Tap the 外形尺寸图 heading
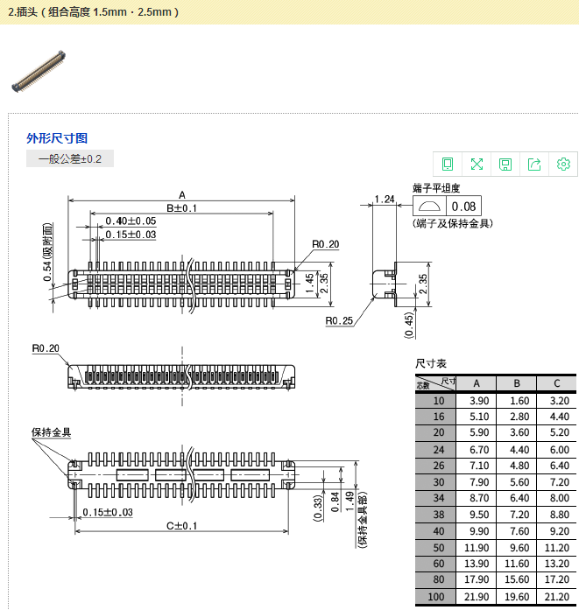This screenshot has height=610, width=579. point(57,138)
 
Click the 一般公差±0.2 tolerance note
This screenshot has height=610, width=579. point(70,158)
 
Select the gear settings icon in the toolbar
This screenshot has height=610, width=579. point(563,164)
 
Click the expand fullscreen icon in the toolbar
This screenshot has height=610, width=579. point(477,164)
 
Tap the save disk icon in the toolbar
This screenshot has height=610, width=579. point(505,164)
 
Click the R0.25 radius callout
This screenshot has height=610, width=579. point(339,321)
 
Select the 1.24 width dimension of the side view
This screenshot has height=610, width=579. point(383,200)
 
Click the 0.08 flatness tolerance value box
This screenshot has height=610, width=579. point(463,207)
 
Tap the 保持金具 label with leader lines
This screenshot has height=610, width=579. point(51,432)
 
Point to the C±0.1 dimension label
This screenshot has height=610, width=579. point(180,526)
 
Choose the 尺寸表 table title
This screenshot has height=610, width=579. point(431,363)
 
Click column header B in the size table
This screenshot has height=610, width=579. point(517,383)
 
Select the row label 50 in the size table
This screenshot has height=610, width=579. point(438,548)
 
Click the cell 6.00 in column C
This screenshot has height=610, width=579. point(558,449)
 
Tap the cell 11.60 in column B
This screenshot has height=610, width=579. point(517,564)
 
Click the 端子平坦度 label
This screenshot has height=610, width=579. point(436,188)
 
